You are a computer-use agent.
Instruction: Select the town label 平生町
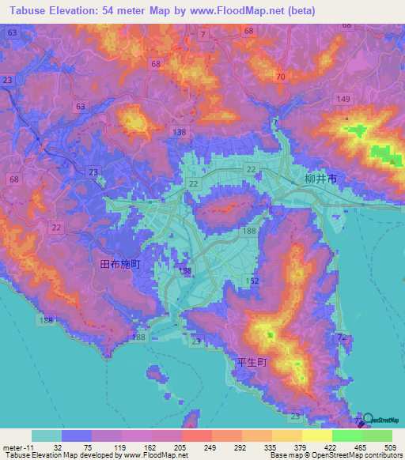click(x=254, y=362)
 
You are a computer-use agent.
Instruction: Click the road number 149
click(x=343, y=99)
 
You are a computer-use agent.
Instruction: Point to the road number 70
click(x=280, y=77)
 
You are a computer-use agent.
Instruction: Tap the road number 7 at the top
click(x=203, y=35)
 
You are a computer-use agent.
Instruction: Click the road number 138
click(x=180, y=132)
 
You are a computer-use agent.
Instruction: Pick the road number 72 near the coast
click(x=342, y=337)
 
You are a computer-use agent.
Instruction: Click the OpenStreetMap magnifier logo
click(x=369, y=419)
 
